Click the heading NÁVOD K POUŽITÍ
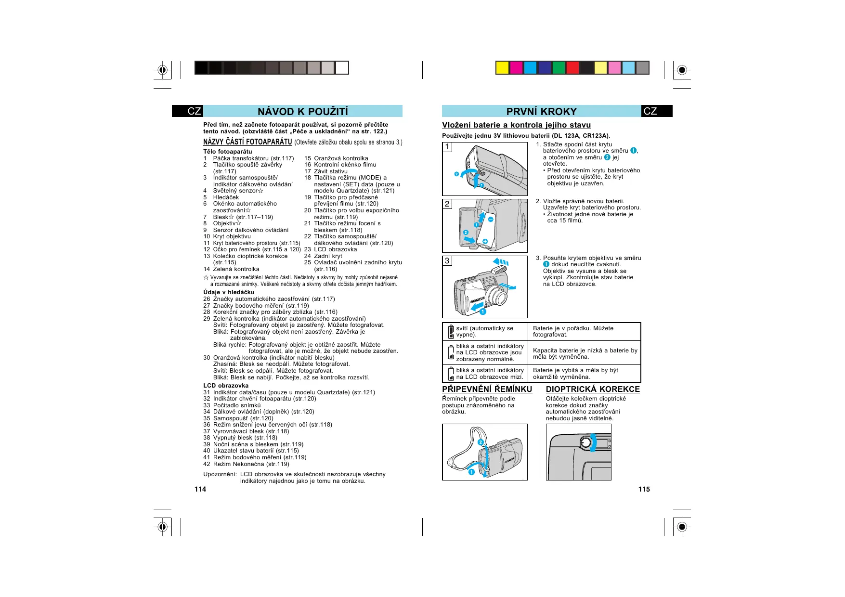coord(302,112)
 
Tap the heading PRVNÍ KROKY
coord(541,112)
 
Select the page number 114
coord(200,489)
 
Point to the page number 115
coord(644,489)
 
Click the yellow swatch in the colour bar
coord(503,68)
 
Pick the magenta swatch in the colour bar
coord(517,68)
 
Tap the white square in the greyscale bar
coord(342,68)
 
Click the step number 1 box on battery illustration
coord(447,147)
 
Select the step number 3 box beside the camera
coord(447,260)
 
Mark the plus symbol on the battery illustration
coord(485,241)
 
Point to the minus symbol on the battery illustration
coord(490,220)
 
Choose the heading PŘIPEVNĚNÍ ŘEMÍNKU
coord(487,389)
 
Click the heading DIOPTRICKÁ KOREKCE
coord(593,389)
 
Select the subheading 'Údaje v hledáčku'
coord(229,292)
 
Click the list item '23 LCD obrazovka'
coord(331,249)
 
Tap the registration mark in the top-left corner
coord(163,71)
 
